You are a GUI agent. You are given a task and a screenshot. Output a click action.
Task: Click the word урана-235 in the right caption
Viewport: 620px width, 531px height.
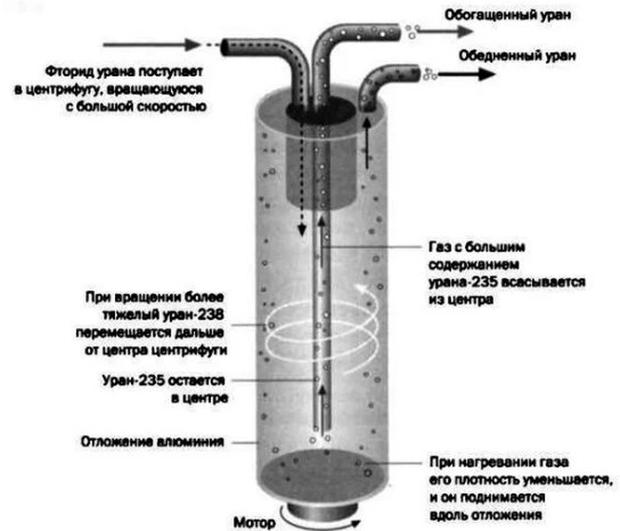point(451,284)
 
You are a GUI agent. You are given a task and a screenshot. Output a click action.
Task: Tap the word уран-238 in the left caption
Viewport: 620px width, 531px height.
point(203,314)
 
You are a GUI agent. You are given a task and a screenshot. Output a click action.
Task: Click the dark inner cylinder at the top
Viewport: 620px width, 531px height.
point(328,168)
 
